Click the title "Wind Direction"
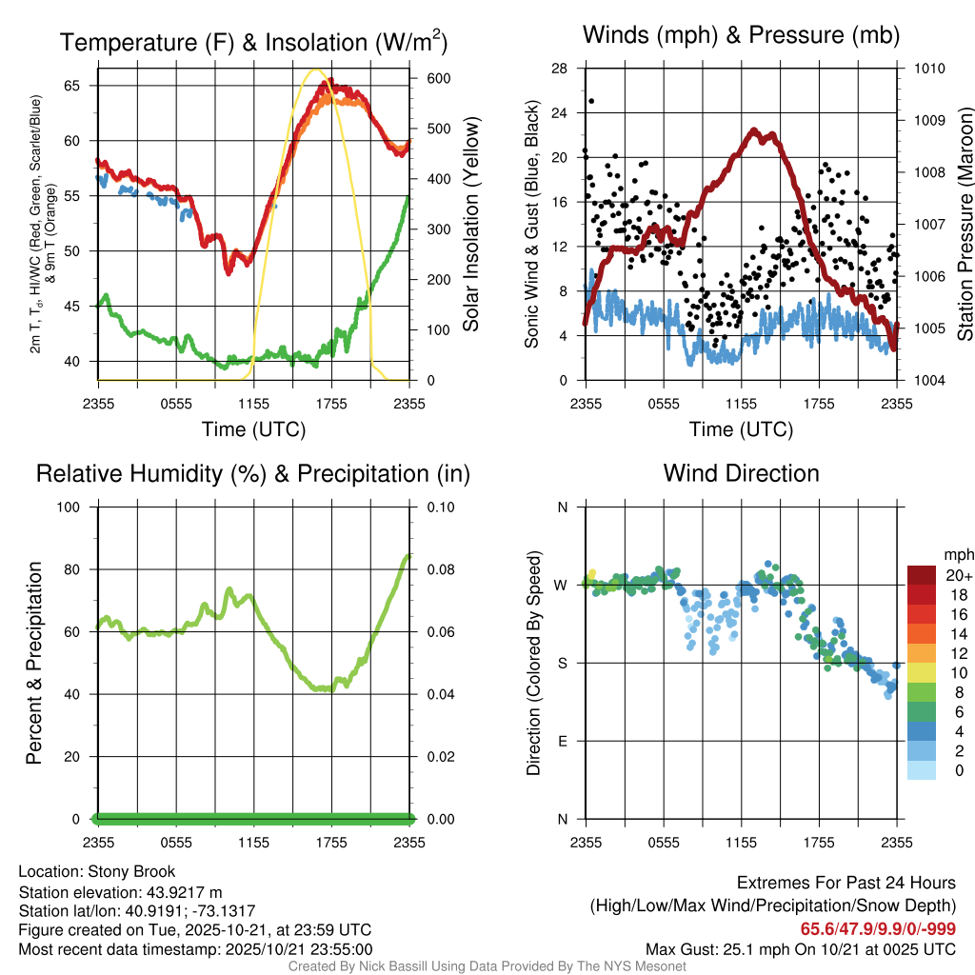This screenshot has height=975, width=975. point(741,473)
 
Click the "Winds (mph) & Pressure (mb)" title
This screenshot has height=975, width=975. point(741,36)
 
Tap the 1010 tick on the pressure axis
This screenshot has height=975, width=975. point(928,69)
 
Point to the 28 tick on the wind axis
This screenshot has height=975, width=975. point(560,69)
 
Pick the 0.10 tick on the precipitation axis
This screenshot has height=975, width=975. point(439,507)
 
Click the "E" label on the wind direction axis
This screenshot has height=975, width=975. point(562,741)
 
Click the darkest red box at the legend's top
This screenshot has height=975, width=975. point(922,575)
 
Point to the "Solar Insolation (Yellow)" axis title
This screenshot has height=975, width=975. point(470,225)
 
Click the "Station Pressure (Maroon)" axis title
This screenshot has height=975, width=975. point(964,225)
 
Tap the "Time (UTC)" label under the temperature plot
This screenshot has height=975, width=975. point(253,429)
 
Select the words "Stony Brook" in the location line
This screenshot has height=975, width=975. point(131,871)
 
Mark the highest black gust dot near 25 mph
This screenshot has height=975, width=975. point(591,101)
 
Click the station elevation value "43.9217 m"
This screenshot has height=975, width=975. point(182,892)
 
